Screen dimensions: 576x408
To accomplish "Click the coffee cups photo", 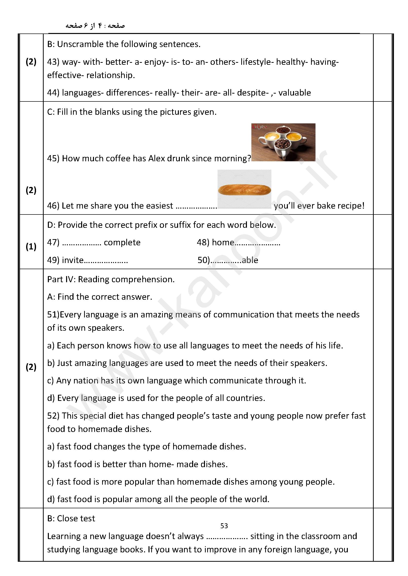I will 283,142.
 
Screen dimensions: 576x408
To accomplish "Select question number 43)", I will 53,62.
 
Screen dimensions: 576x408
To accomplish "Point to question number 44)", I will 53,93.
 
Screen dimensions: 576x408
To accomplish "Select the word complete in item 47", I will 122,242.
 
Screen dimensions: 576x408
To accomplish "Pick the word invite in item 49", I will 73,260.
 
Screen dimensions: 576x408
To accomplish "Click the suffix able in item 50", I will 250,260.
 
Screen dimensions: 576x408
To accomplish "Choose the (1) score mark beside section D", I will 31,247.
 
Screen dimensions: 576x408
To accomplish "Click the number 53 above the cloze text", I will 224,526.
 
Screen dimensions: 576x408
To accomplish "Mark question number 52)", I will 53,416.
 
